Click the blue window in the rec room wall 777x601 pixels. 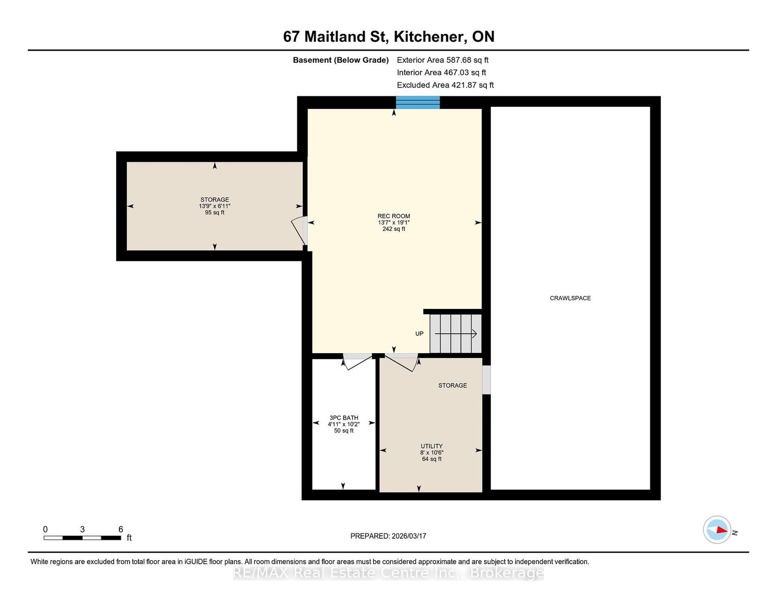point(418,102)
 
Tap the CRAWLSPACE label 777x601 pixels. point(570,298)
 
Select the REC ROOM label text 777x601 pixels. point(394,216)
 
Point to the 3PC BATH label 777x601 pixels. point(344,417)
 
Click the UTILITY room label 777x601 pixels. point(432,446)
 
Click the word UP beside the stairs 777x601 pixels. point(420,333)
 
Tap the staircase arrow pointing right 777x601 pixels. point(456,334)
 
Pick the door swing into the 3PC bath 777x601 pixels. point(357,361)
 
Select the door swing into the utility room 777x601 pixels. point(402,362)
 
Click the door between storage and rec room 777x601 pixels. point(299,231)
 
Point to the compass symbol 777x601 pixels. point(717,530)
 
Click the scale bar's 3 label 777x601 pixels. point(82,529)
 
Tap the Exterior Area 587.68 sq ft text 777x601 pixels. point(443,60)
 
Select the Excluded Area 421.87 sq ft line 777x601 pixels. point(445,85)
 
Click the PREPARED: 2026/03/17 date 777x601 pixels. point(388,536)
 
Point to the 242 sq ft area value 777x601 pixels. point(394,229)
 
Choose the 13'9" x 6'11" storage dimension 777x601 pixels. point(215,206)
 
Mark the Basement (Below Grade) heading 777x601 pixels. point(341,60)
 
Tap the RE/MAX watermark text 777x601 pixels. point(388,573)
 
